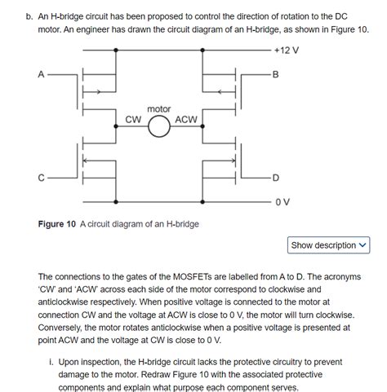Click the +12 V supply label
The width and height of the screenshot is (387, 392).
pos(287,51)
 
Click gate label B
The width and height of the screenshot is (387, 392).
pos(275,75)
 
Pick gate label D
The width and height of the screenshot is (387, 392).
pos(275,178)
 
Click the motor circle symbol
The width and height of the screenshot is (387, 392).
pos(159,126)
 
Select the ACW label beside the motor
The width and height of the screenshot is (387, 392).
pos(187,119)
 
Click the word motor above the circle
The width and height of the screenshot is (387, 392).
pos(159,108)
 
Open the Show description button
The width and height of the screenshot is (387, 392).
pos(329,245)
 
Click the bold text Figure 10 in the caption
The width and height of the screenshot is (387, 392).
pos(62,224)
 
